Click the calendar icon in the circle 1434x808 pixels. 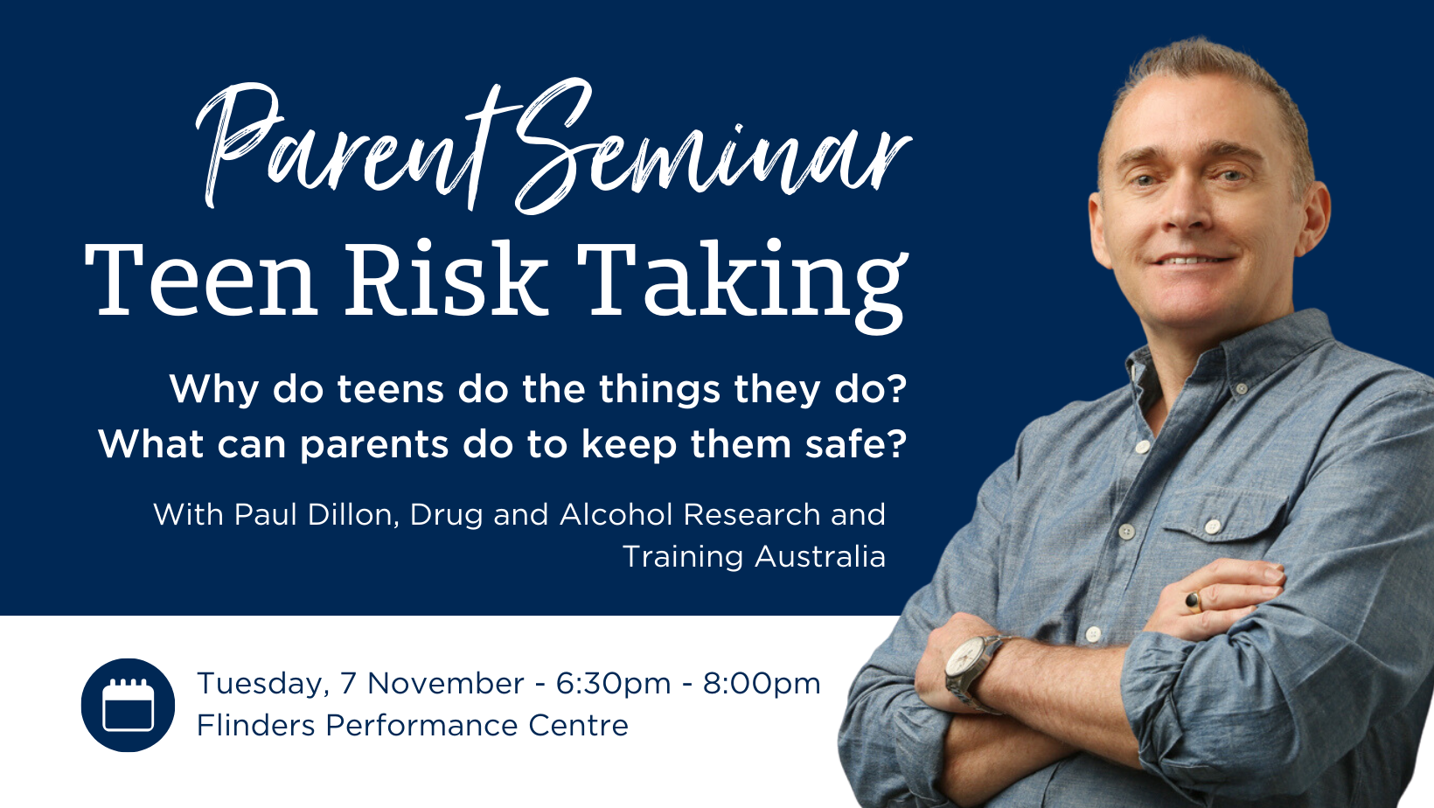128,704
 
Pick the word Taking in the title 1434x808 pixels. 742,286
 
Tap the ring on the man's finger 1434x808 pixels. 1194,602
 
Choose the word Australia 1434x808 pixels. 820,556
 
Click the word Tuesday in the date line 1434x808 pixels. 262,684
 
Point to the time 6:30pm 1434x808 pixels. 613,684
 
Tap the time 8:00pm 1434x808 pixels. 762,684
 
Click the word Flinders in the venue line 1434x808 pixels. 255,726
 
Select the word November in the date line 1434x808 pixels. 446,683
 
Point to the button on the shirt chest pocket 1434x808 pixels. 1213,526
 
